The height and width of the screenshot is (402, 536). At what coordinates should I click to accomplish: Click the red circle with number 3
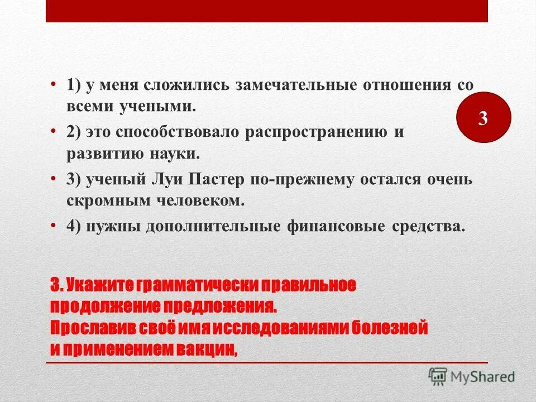coord(484,118)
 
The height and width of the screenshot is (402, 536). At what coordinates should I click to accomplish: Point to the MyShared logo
coord(472,376)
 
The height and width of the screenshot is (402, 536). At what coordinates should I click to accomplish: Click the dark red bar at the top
coord(267,11)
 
